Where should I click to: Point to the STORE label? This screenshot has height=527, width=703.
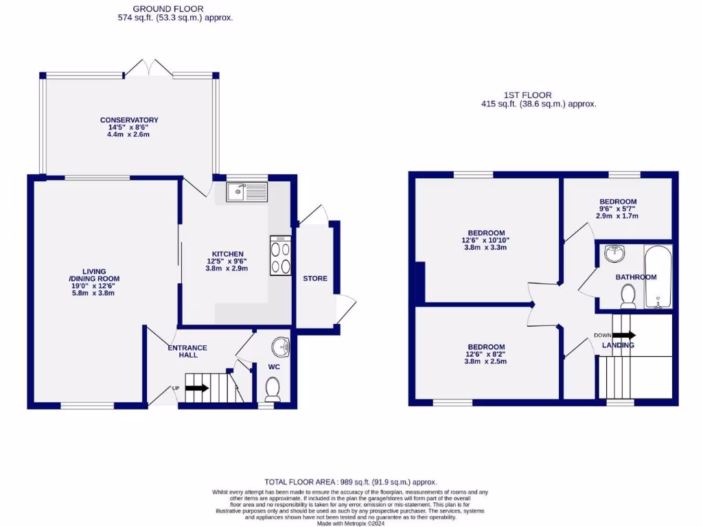tap(315, 279)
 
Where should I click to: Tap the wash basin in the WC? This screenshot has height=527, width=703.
tap(281, 348)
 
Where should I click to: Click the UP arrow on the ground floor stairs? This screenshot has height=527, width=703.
tap(196, 388)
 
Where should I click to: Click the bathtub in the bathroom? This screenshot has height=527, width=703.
tap(658, 278)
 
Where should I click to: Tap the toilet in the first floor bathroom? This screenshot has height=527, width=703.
tap(627, 296)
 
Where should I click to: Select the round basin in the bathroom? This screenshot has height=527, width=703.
tap(614, 255)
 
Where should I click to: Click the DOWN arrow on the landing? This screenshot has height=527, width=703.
tap(625, 336)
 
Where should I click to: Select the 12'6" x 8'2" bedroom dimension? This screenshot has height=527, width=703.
tap(486, 354)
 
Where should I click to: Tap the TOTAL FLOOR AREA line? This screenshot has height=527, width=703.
tap(351, 482)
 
